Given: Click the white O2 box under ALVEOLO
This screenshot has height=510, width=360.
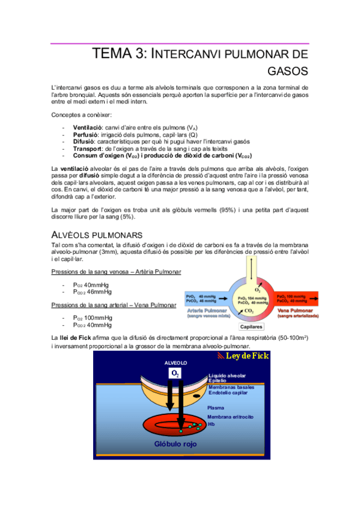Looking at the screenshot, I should [175, 373].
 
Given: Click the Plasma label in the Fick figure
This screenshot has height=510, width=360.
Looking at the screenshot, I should [216, 408].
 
